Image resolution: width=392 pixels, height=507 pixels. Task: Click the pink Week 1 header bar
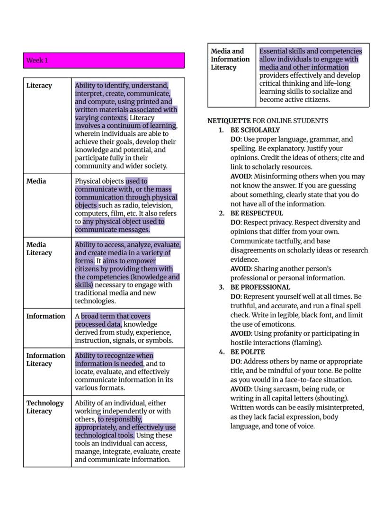[104, 61]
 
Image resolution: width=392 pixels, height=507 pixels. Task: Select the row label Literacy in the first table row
[39, 86]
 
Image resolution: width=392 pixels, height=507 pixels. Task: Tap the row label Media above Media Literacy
[36, 181]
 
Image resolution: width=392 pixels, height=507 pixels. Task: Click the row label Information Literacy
[46, 360]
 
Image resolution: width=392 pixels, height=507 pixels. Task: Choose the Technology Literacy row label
[45, 407]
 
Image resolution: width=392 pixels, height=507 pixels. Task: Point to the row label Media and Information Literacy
[230, 59]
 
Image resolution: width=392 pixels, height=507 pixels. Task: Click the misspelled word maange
[87, 452]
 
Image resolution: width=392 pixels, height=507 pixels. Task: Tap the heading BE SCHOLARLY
[255, 130]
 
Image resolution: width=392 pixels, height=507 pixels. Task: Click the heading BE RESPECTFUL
[257, 213]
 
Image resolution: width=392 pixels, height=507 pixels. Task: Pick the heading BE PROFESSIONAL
[260, 287]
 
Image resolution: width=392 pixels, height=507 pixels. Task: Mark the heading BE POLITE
[248, 352]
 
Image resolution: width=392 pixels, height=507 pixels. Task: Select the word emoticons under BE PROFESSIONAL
[278, 324]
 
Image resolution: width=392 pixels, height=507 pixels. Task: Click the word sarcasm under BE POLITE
[282, 389]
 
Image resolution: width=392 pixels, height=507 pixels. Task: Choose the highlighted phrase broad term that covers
[116, 316]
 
